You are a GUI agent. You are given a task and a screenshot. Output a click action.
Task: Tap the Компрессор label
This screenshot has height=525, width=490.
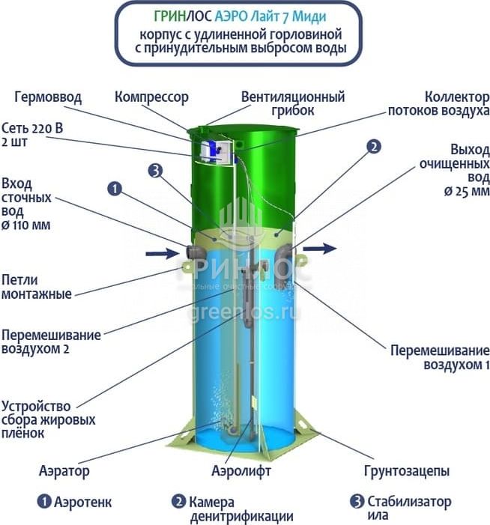(151, 97)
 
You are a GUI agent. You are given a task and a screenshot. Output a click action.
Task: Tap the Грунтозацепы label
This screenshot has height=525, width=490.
(407, 471)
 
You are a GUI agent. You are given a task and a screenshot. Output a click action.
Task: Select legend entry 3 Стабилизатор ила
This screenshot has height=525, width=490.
(401, 509)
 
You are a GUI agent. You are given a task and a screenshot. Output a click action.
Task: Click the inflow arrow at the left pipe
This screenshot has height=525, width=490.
(161, 253)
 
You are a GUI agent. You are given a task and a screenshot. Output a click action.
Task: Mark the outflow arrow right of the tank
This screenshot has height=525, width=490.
(323, 246)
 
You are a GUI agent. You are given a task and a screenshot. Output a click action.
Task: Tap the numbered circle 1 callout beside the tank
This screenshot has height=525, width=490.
(114, 189)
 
